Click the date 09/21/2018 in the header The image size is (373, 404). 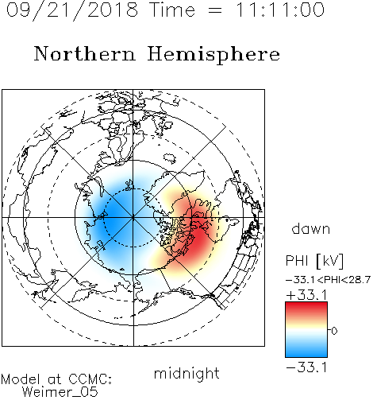coord(72,10)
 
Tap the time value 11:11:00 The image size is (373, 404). coord(280,10)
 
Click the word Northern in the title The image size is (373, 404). coord(84,53)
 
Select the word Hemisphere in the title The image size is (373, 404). coord(213,55)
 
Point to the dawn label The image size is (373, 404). coord(311,229)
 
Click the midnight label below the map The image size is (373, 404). coord(186,375)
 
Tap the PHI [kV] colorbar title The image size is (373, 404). coord(315,261)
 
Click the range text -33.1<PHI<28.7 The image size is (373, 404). coord(328,280)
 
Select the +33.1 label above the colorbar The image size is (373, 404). coord(307,295)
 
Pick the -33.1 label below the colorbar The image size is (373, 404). coord(307,367)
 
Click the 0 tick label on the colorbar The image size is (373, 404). coord(334,331)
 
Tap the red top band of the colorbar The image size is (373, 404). coord(306,308)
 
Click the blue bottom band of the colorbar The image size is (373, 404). coord(306,352)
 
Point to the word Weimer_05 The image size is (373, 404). coord(60,392)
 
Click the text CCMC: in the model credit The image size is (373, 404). coord(90,379)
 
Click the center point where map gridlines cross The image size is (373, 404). coord(133,218)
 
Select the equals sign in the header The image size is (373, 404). coord(215,10)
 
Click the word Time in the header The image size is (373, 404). coord(172,10)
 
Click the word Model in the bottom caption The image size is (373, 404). coord(21,379)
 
